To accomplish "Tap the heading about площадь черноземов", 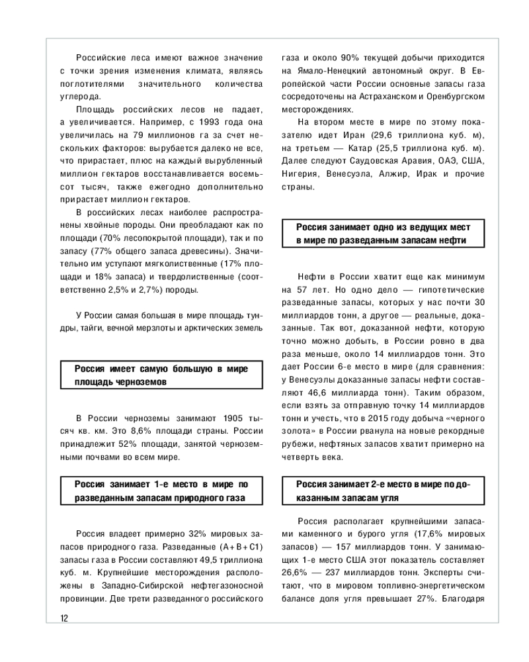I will [161, 375].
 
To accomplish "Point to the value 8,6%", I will [150, 431].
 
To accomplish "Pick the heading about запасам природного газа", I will [161, 491].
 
